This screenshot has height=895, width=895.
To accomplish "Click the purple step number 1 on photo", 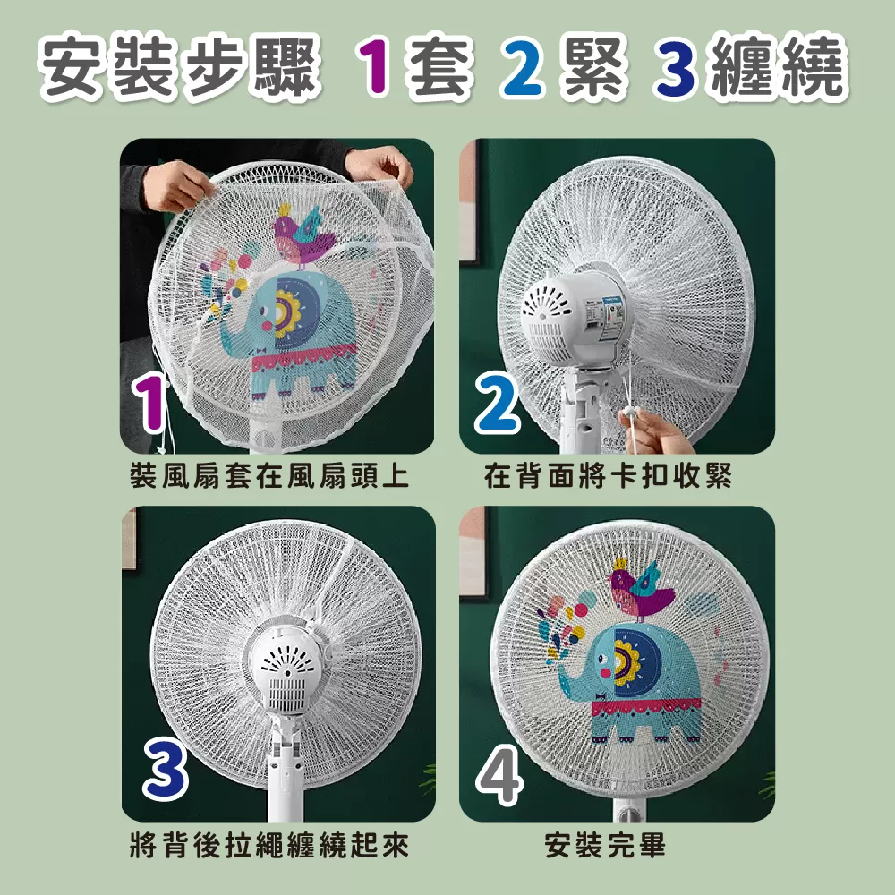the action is point(149,403).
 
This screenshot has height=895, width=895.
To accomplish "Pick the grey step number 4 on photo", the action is point(499,775).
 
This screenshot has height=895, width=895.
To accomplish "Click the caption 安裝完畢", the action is point(605,846).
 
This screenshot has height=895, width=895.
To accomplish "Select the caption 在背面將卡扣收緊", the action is point(608,475).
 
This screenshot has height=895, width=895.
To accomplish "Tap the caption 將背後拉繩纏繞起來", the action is point(268,846).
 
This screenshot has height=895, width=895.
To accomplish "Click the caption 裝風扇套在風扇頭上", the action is point(268,475).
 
